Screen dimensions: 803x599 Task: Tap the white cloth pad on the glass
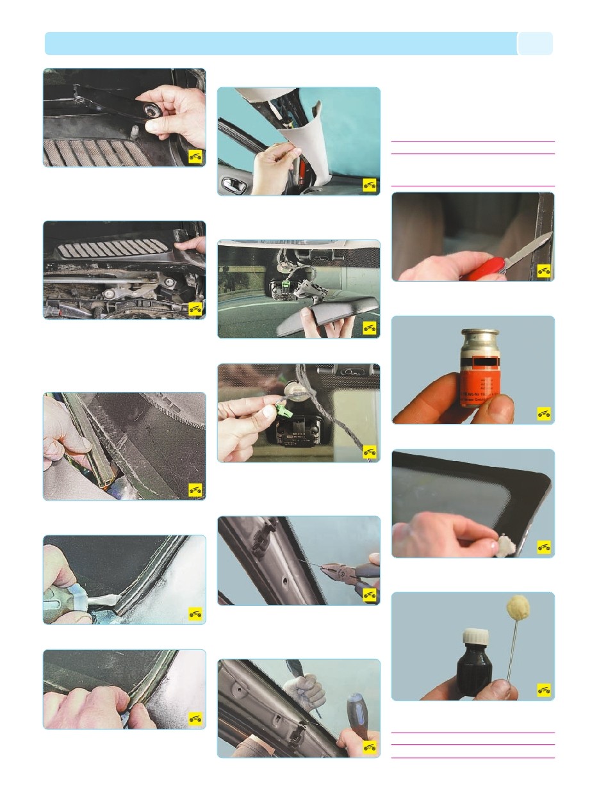(x=505, y=546)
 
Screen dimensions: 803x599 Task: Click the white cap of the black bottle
(x=474, y=638)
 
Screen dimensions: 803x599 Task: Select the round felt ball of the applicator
(x=516, y=608)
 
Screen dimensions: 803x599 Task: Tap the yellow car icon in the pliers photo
(x=370, y=594)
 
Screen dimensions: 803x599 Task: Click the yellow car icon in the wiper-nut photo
(x=195, y=157)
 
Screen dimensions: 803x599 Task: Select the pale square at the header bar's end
(x=535, y=44)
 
